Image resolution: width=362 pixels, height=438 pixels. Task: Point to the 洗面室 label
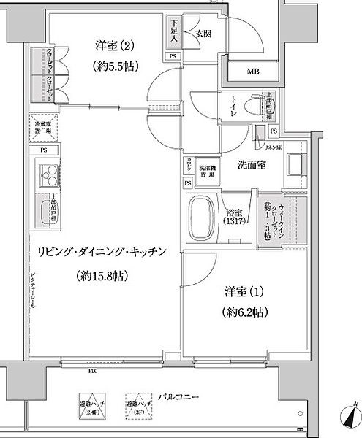(250, 166)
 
